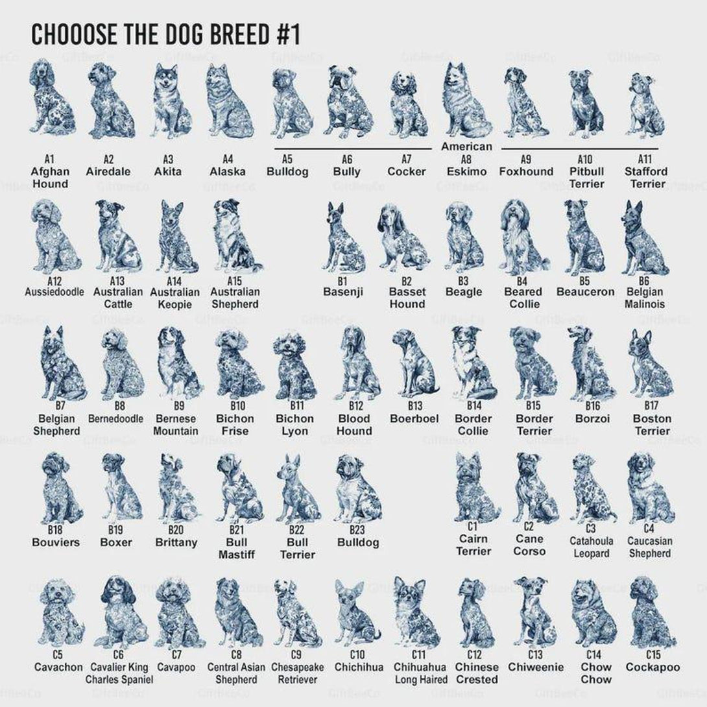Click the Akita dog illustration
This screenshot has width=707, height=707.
pyautogui.click(x=171, y=101)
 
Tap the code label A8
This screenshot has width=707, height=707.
pyautogui.click(x=466, y=159)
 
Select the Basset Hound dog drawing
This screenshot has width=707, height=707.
pyautogui.click(x=403, y=237)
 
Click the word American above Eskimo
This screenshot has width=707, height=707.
pyautogui.click(x=466, y=147)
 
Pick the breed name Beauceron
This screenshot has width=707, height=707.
pyautogui.click(x=585, y=292)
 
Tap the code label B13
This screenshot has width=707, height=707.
pyautogui.click(x=415, y=406)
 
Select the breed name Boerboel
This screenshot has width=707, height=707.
pyautogui.click(x=414, y=418)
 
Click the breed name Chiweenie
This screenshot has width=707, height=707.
pyautogui.click(x=536, y=667)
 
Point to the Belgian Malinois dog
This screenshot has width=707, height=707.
pyautogui.click(x=644, y=237)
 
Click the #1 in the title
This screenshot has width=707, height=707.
pyautogui.click(x=288, y=34)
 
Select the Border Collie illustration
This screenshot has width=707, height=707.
pyautogui.click(x=473, y=363)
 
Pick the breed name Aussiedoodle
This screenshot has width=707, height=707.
pyautogui.click(x=54, y=292)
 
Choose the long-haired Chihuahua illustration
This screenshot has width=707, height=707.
pyautogui.click(x=416, y=612)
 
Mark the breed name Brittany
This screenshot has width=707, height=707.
pyautogui.click(x=176, y=542)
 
